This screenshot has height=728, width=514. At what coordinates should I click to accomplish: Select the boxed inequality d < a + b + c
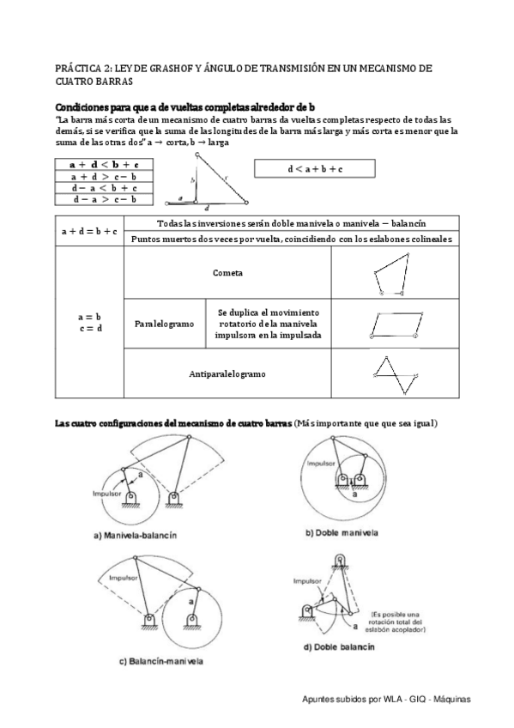315,169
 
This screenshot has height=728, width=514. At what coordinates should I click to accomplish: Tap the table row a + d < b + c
104,164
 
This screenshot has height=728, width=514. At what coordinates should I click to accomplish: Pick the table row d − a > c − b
104,200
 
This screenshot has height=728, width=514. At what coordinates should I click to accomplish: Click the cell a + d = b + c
89,231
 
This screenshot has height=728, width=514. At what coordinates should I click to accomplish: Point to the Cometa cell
227,272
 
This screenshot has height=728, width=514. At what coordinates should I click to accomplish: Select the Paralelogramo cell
165,324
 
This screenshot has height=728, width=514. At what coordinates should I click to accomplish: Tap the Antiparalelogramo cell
227,373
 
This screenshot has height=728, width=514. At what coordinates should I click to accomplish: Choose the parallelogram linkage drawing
396,325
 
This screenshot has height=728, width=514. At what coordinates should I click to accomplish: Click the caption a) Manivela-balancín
136,536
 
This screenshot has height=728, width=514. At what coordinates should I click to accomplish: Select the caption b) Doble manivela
342,532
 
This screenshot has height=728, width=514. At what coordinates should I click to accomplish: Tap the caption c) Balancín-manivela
161,661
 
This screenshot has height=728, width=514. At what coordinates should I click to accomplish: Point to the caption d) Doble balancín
339,646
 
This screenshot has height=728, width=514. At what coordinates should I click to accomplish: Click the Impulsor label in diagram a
106,494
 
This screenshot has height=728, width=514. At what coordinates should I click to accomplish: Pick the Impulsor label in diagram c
124,578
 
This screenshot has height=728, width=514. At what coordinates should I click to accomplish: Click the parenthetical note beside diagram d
396,622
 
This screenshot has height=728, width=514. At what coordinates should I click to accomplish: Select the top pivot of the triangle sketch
197,155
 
